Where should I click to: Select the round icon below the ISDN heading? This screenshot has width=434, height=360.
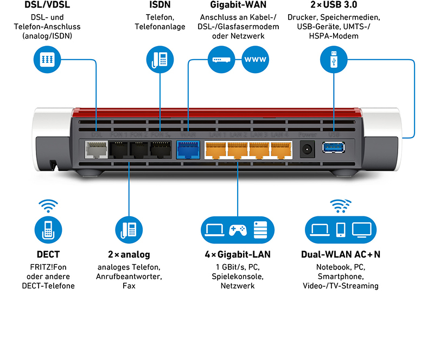coord(160,59)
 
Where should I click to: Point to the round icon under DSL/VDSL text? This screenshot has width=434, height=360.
coord(47,59)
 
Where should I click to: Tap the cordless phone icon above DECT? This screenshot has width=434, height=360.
coord(47,229)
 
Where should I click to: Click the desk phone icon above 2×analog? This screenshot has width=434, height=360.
coord(129,229)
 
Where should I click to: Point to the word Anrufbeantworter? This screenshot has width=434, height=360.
coord(129,277)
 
